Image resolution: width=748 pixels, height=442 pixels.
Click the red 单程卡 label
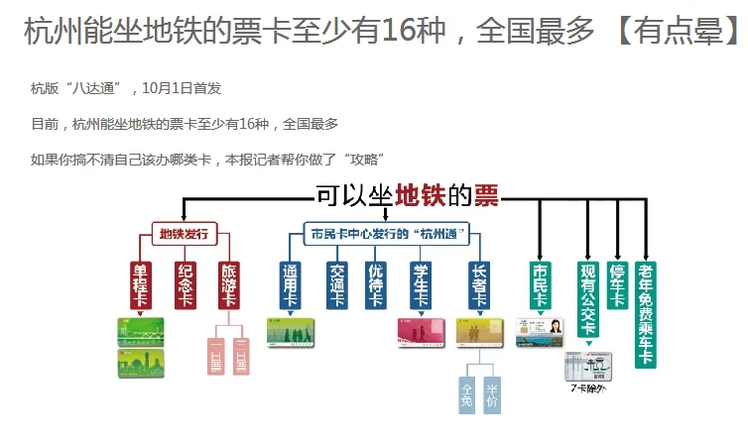pos(141,283)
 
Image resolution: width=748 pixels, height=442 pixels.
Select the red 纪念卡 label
pos(186,283)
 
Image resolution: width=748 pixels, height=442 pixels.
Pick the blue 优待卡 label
pos(376,283)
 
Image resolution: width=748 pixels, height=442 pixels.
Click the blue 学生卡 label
pos(420,283)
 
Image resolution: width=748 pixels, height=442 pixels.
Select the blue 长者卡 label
pos(478,283)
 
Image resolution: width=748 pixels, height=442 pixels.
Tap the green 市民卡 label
pos(541,283)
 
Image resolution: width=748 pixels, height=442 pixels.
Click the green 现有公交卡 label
pos(586,297)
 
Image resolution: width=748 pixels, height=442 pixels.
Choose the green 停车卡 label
pos(617,283)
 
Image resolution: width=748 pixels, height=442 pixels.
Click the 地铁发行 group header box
pos(185,235)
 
